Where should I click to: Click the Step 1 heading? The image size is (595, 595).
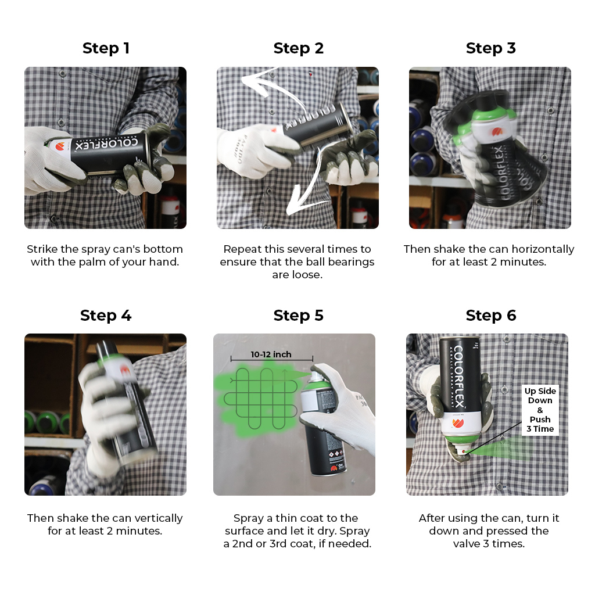pyautogui.click(x=106, y=48)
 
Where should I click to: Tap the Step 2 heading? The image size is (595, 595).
pyautogui.click(x=298, y=48)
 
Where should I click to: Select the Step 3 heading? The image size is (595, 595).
pyautogui.click(x=490, y=48)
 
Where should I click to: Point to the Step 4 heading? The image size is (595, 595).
pyautogui.click(x=106, y=316)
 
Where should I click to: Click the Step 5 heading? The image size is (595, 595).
pyautogui.click(x=298, y=316)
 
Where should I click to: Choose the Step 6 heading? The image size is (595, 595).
pyautogui.click(x=490, y=316)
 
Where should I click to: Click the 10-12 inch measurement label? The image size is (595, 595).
pyautogui.click(x=271, y=354)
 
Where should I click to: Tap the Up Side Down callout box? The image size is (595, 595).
pyautogui.click(x=540, y=410)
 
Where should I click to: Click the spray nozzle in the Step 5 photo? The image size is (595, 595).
pyautogui.click(x=314, y=376)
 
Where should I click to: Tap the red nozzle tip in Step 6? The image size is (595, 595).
pyautogui.click(x=464, y=452)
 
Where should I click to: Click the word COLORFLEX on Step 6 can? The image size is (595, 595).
pyautogui.click(x=458, y=377)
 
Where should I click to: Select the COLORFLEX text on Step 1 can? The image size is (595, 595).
pyautogui.click(x=106, y=144)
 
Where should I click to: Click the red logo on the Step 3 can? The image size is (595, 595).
pyautogui.click(x=497, y=132)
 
